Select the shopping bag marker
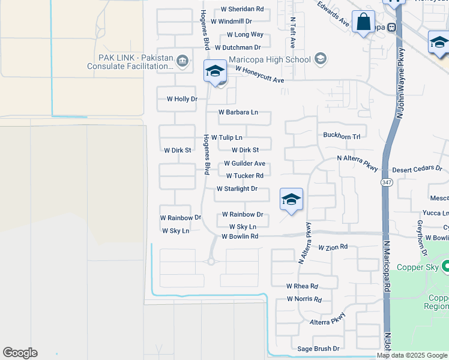[363, 23]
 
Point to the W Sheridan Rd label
[242, 9]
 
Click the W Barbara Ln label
[238, 112]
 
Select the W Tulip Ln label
[226, 137]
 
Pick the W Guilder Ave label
[244, 163]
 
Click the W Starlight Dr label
[237, 188]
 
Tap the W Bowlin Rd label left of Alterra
[240, 236]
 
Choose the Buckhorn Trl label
[341, 136]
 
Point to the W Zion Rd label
[333, 247]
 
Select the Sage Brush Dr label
[319, 349]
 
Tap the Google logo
[20, 353]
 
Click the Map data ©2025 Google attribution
[412, 355]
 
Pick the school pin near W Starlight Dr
[291, 200]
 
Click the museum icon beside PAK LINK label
[182, 61]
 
